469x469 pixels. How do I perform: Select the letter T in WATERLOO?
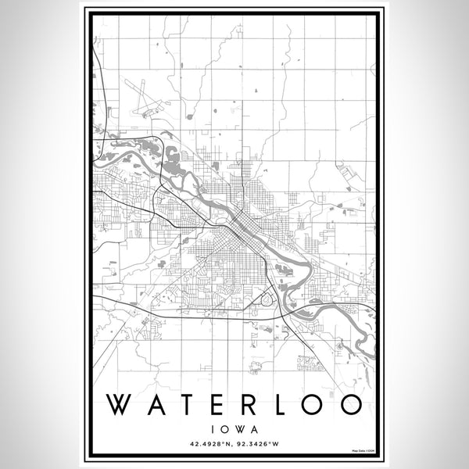point(188,403)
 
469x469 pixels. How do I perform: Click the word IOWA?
point(234,428)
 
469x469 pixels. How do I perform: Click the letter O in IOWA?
point(224,428)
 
